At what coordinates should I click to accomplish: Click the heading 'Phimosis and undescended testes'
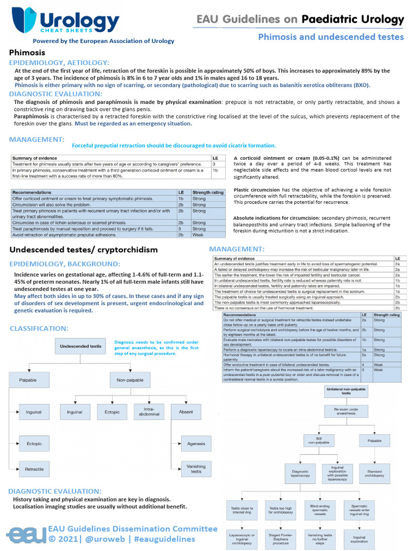click(330, 37)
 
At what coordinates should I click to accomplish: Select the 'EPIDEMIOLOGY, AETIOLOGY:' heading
click(59, 63)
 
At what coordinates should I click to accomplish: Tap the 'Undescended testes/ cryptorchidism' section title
click(84, 250)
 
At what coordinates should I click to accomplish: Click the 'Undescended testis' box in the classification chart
click(79, 346)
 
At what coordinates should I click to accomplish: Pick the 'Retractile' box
click(34, 469)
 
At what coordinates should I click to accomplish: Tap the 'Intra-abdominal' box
click(149, 412)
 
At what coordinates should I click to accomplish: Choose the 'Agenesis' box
click(196, 443)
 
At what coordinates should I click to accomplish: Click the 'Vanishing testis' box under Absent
click(196, 469)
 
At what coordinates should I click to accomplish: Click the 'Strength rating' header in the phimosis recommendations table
click(208, 192)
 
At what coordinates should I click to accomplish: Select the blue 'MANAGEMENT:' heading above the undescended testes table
click(236, 249)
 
